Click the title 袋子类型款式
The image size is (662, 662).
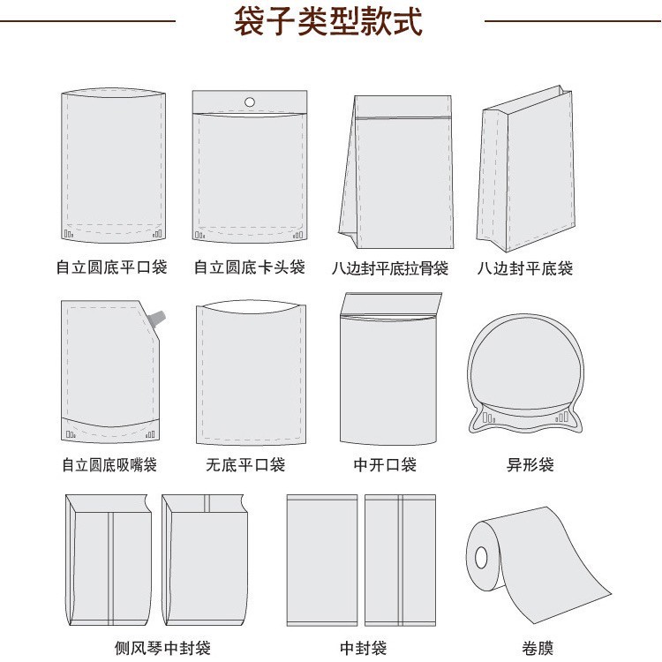tap(327, 22)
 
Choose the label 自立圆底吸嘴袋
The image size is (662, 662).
tap(109, 464)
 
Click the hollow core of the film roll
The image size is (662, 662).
tap(481, 557)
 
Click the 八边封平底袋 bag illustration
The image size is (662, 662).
tap(523, 168)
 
